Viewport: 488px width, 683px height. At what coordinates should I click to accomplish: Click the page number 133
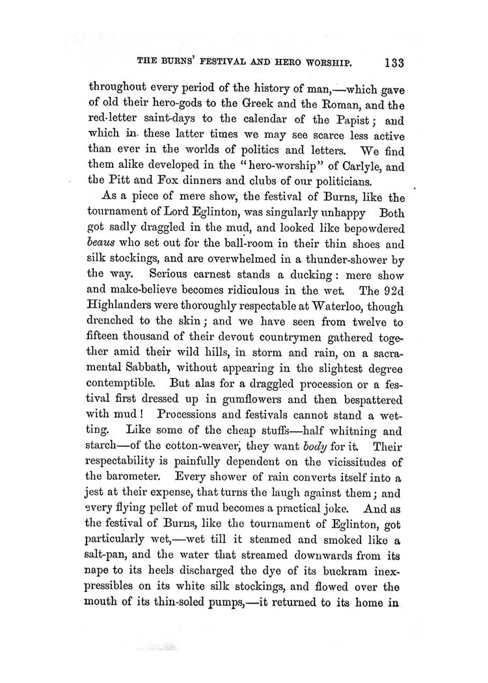[x=394, y=64]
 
